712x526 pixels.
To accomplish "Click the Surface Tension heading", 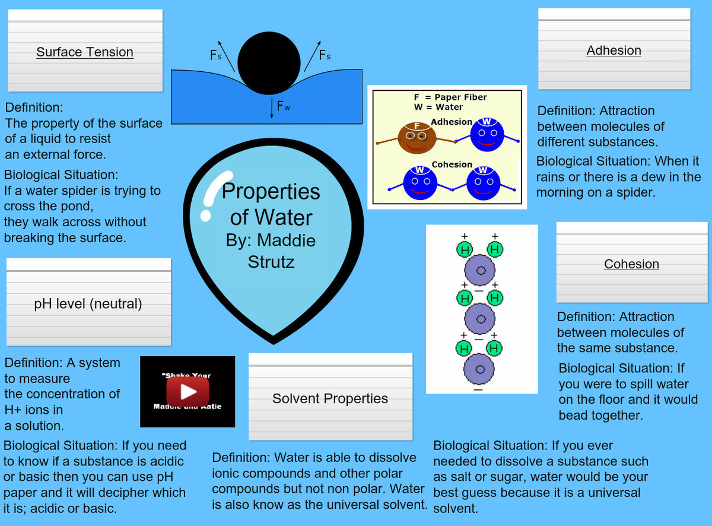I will (85, 52).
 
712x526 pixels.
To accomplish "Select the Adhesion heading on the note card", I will (614, 50).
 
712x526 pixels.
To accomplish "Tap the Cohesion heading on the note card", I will (631, 264).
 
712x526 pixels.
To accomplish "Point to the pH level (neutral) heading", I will (88, 304).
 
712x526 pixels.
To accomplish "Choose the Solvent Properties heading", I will (330, 398).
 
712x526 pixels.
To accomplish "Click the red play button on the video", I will (187, 391).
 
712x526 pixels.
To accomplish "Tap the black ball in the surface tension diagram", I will (269, 63).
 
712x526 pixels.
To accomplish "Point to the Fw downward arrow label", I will (283, 107).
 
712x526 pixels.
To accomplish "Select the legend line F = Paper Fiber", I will (450, 97).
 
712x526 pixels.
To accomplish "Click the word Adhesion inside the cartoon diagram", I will (452, 122).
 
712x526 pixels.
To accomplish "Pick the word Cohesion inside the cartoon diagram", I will (452, 164).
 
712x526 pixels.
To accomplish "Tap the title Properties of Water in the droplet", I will (271, 204).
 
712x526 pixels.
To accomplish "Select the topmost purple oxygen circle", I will (481, 271).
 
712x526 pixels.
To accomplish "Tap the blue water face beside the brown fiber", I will (487, 136).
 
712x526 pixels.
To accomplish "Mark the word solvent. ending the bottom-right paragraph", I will (455, 509).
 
